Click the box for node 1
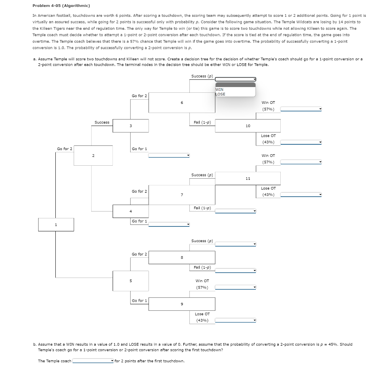56,224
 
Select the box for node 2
93,155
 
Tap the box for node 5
131,281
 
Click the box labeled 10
247,126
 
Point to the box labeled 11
247,178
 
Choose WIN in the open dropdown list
220,89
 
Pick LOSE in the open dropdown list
220,94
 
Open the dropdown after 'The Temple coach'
93,361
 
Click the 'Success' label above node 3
102,122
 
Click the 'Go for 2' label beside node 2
65,149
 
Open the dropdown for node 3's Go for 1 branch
169,155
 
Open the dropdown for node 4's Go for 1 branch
169,224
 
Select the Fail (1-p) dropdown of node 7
235,211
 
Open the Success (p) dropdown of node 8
235,244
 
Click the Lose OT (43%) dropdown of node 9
235,320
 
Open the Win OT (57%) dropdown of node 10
301,109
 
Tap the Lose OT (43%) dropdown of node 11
301,195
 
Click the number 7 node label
182,195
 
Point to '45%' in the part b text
331,344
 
